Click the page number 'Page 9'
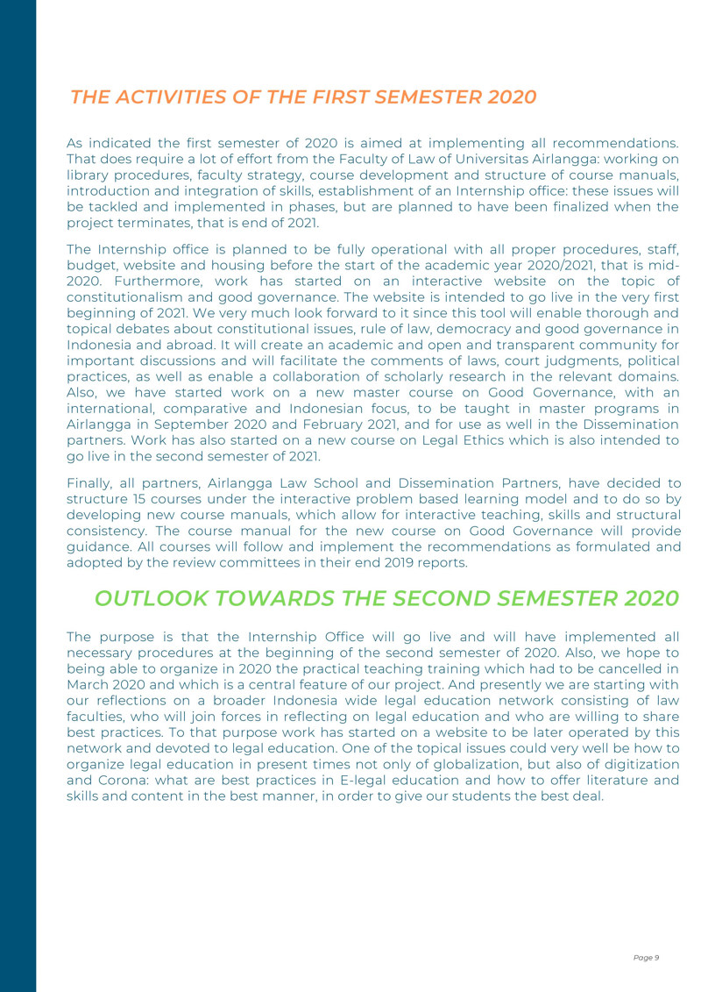point(646,957)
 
